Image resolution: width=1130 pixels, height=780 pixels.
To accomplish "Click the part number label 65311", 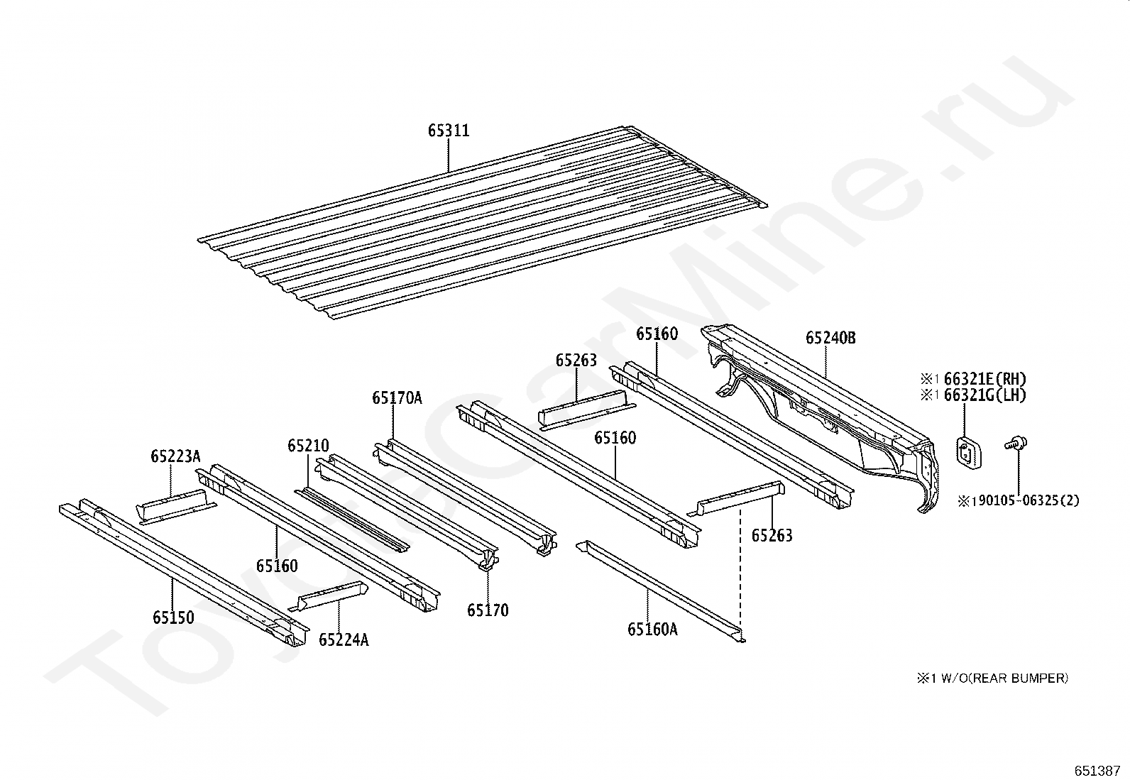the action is coord(448,131).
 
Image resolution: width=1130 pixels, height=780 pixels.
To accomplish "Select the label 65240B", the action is coord(830,338).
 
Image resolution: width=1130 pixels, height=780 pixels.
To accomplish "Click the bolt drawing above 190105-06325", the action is coord(1016,445).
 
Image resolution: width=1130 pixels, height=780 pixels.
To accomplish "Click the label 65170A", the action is coord(396,398).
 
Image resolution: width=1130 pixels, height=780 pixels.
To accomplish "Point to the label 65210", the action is coord(308,446).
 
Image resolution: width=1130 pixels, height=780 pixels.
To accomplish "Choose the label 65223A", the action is coord(175,456).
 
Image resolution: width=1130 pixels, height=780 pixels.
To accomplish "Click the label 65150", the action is coord(172,617).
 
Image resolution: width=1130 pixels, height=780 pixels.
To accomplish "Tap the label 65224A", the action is coord(343,640).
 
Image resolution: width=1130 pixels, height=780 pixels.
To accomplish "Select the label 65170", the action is coord(488,610).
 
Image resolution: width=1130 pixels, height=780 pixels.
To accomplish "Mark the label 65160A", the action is coord(652,628).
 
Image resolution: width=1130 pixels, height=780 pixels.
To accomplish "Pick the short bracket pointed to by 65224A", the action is coord(331,595).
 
